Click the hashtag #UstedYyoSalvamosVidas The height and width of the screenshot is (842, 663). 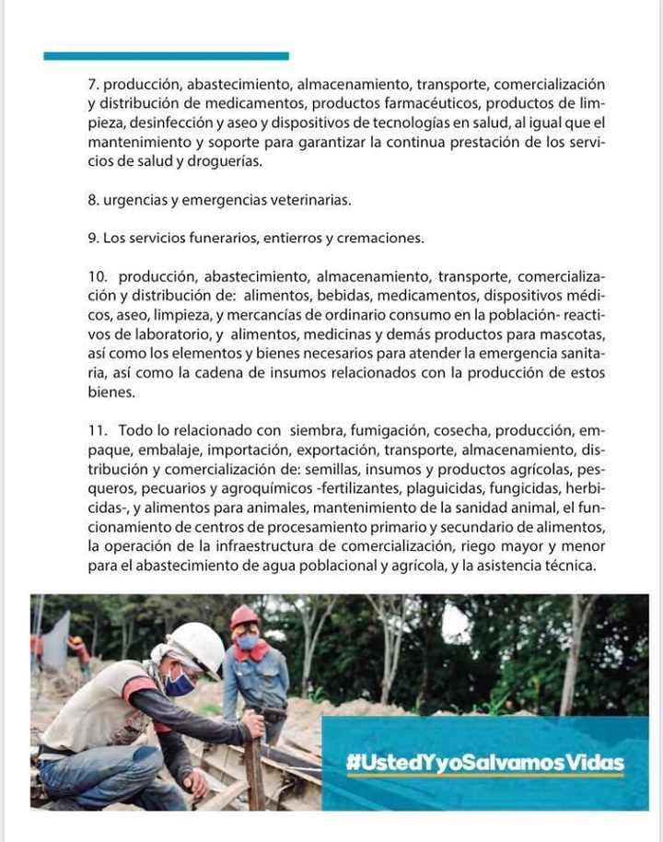(x=485, y=763)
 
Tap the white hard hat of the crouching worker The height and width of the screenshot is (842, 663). (x=196, y=645)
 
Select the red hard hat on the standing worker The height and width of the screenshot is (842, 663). (x=244, y=615)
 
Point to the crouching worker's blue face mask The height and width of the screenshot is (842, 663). (x=180, y=684)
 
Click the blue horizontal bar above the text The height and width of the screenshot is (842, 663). (x=166, y=56)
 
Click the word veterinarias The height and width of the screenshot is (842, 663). (x=309, y=199)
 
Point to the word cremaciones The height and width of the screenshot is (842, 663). (x=381, y=238)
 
